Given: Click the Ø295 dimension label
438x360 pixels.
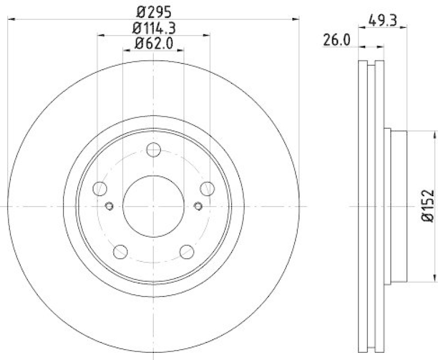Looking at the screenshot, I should coord(153,11).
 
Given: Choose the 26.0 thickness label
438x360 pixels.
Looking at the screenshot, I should coord(336,41).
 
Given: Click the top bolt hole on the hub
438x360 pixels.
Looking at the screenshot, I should coord(153,150).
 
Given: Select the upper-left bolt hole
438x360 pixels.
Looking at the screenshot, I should coord(100,188).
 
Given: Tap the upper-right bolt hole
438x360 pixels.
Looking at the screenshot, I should coord(206,188).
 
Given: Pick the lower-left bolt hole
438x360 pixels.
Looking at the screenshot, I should coord(120,252).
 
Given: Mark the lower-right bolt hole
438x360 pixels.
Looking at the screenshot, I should coord(187,252).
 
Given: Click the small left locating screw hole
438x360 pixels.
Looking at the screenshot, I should coord(108,206).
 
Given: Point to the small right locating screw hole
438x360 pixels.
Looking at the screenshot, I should coord(198,206).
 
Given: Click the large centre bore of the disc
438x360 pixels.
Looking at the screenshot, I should coord(153,206).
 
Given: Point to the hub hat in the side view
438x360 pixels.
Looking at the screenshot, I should coord(397,206).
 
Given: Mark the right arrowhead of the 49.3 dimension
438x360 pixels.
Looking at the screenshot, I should coord(406,28).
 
